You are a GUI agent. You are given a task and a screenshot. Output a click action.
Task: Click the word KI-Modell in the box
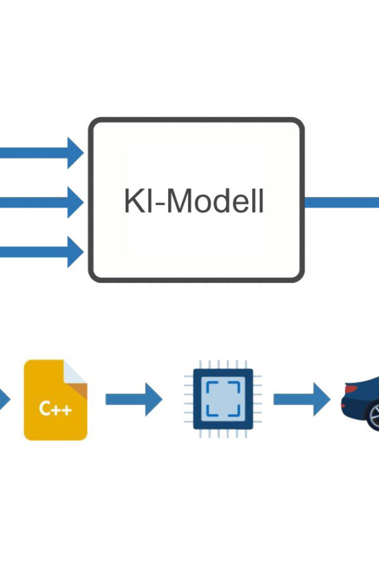tap(194, 202)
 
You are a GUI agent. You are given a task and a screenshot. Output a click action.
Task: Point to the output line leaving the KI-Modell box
tap(341, 202)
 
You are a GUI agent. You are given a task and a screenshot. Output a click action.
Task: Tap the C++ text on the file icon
tap(55, 409)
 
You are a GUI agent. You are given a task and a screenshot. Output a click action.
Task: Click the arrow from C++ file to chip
tap(133, 399)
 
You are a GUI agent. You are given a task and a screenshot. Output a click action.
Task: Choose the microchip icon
tap(219, 399)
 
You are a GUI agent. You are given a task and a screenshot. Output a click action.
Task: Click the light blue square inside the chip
tap(219, 399)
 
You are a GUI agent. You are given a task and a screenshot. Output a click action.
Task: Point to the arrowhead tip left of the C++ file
tap(8, 399)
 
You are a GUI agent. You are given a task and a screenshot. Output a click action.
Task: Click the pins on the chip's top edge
tap(219, 364)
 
